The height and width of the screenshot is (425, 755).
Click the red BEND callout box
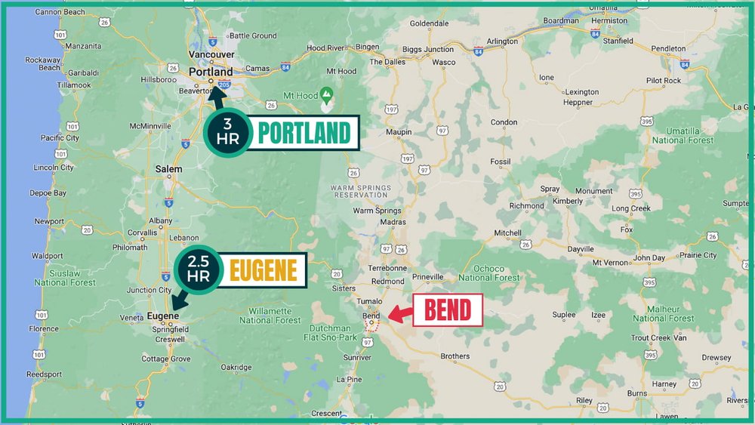point(448,310)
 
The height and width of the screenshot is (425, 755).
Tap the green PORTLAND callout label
point(304,134)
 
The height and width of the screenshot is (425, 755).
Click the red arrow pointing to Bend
point(398,313)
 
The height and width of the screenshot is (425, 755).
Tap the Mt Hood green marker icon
point(327,95)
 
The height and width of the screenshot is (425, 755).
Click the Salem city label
point(168,169)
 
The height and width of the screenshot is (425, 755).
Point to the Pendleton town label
point(668,48)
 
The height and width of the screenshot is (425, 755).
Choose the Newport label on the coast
point(49,222)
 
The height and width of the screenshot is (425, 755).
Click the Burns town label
point(637,393)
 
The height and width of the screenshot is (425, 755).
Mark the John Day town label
point(649,258)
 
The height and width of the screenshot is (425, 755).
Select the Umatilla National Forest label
point(683,135)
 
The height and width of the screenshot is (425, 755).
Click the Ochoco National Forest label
point(488,273)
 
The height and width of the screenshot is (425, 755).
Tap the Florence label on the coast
point(44,329)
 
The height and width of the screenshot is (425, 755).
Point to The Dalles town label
point(387,62)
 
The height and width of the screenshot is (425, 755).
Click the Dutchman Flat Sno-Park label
point(333,332)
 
